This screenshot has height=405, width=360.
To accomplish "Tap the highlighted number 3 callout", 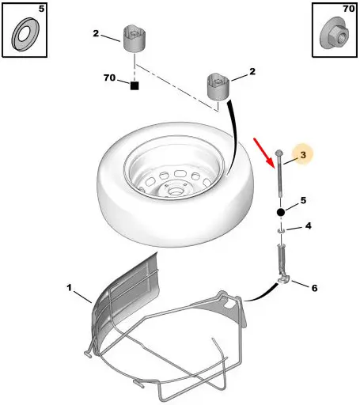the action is pyautogui.click(x=303, y=155).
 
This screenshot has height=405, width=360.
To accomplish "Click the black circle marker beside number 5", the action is pyautogui.click(x=281, y=212).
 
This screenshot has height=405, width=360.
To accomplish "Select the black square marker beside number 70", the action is pyautogui.click(x=135, y=85).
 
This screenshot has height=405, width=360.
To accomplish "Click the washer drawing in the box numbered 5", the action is pyautogui.click(x=25, y=34).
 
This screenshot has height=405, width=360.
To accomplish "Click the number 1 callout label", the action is pyautogui.click(x=69, y=287).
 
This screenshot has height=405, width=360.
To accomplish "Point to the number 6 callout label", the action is pyautogui.click(x=314, y=288).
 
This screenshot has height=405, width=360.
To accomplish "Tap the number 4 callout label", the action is pyautogui.click(x=309, y=226).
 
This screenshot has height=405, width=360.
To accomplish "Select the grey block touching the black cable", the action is pyautogui.click(x=218, y=87).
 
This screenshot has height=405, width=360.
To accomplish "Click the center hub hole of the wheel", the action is pyautogui.click(x=174, y=191).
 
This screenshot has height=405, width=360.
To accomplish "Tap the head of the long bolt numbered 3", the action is pyautogui.click(x=279, y=153).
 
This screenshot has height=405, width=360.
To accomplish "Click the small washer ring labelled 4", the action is pyautogui.click(x=281, y=231).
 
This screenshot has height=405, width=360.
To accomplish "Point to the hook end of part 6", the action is pyautogui.click(x=284, y=279).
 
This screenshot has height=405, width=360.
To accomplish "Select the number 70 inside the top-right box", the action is pyautogui.click(x=349, y=9).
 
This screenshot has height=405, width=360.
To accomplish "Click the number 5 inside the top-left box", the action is pyautogui.click(x=41, y=9).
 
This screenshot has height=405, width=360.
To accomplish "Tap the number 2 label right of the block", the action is pyautogui.click(x=252, y=71).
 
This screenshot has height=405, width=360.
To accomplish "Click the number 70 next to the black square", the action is pyautogui.click(x=109, y=78).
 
